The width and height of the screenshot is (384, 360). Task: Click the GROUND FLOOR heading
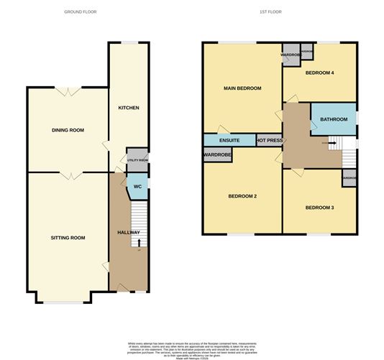tap(81, 12)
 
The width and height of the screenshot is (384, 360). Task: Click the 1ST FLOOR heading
tap(270, 12)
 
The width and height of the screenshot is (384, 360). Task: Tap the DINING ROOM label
tap(68, 130)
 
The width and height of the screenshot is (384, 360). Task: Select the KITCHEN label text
tap(129, 108)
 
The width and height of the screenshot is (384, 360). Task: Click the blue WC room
tap(134, 188)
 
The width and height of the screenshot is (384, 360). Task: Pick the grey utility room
tap(137, 161)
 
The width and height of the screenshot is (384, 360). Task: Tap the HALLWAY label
tap(129, 233)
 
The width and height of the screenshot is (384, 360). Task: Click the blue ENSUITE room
tap(229, 140)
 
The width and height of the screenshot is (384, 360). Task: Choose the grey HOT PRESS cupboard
tap(270, 140)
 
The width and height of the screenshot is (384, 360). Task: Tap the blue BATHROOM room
tap(334, 119)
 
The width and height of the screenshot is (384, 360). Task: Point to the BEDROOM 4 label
tap(321, 73)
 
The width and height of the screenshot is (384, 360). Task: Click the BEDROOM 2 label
tap(243, 196)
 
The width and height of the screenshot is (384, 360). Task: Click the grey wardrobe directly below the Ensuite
tap(217, 154)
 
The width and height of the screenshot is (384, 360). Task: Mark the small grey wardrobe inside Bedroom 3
tap(349, 178)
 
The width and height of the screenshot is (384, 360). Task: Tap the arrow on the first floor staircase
tap(332, 143)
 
